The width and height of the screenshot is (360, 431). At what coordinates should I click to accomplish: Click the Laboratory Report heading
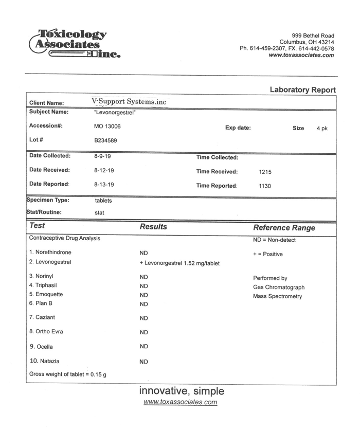pos(302,90)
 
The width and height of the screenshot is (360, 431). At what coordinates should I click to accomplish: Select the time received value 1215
pos(265,172)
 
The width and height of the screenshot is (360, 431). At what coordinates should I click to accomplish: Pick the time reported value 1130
pos(265,186)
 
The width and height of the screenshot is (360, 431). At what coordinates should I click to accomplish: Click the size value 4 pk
pos(322,129)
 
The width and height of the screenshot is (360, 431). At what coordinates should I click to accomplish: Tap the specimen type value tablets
pos(103,201)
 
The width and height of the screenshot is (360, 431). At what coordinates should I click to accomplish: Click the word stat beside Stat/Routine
pos(100,212)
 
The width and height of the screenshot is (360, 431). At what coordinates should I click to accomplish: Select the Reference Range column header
pos(284,228)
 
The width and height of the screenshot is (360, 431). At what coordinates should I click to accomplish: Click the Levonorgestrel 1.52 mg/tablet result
pos(179,263)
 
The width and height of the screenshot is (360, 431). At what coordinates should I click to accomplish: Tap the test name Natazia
pos(49,361)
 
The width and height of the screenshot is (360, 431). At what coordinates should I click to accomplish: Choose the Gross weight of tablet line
pos(68,374)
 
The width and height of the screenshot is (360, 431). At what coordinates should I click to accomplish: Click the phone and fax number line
pos(286,48)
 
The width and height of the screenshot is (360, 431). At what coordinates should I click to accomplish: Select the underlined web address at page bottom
pos(180,402)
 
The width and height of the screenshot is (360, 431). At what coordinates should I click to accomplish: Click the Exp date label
pos(238,128)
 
